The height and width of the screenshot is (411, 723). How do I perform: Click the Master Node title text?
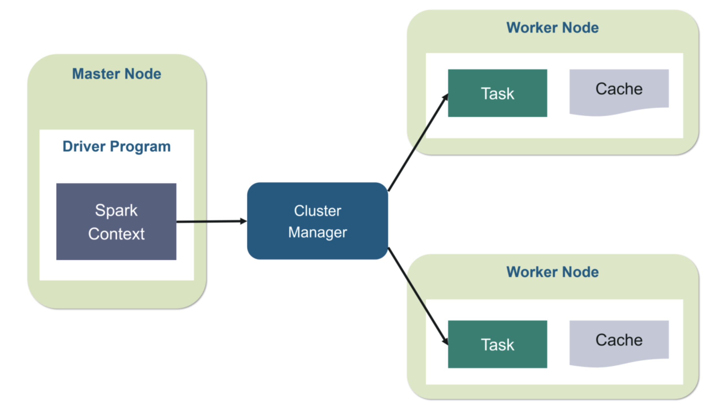[116, 74]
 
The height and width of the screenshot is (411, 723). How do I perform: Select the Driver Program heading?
[116, 147]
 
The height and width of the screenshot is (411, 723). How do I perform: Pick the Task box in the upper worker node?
[497, 93]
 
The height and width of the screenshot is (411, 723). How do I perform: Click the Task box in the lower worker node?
[497, 344]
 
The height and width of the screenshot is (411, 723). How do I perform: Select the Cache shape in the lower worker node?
[619, 341]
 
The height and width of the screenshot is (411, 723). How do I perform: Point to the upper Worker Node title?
[552, 28]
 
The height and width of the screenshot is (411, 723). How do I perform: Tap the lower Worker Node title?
[552, 272]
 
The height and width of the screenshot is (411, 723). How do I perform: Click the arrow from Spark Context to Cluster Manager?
[210, 221]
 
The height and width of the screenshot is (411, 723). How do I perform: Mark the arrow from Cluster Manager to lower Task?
[416, 294]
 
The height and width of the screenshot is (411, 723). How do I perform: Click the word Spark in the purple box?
[116, 211]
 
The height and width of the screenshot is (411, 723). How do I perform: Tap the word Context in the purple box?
[116, 234]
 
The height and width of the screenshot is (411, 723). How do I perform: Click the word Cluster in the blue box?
[317, 211]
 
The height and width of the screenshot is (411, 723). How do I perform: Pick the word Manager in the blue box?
[317, 233]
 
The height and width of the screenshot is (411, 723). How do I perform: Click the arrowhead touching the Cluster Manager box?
[243, 221]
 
